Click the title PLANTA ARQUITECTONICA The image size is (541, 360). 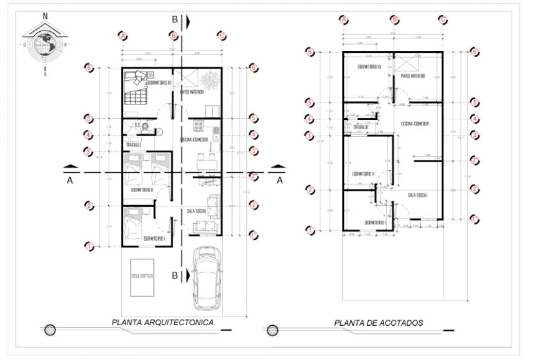tap(162, 323)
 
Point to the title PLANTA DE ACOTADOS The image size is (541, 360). tap(378, 323)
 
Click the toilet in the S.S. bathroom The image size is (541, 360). tap(147, 126)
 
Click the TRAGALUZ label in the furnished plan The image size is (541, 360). tap(134, 145)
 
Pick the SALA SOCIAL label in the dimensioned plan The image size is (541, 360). tap(420, 195)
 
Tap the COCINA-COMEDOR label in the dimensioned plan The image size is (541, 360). tap(416, 122)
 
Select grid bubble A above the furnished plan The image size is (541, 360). tap(123, 35)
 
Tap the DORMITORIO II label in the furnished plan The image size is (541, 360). tap(143, 190)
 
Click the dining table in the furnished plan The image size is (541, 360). tap(205, 164)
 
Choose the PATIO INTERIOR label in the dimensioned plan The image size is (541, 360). tap(413, 76)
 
